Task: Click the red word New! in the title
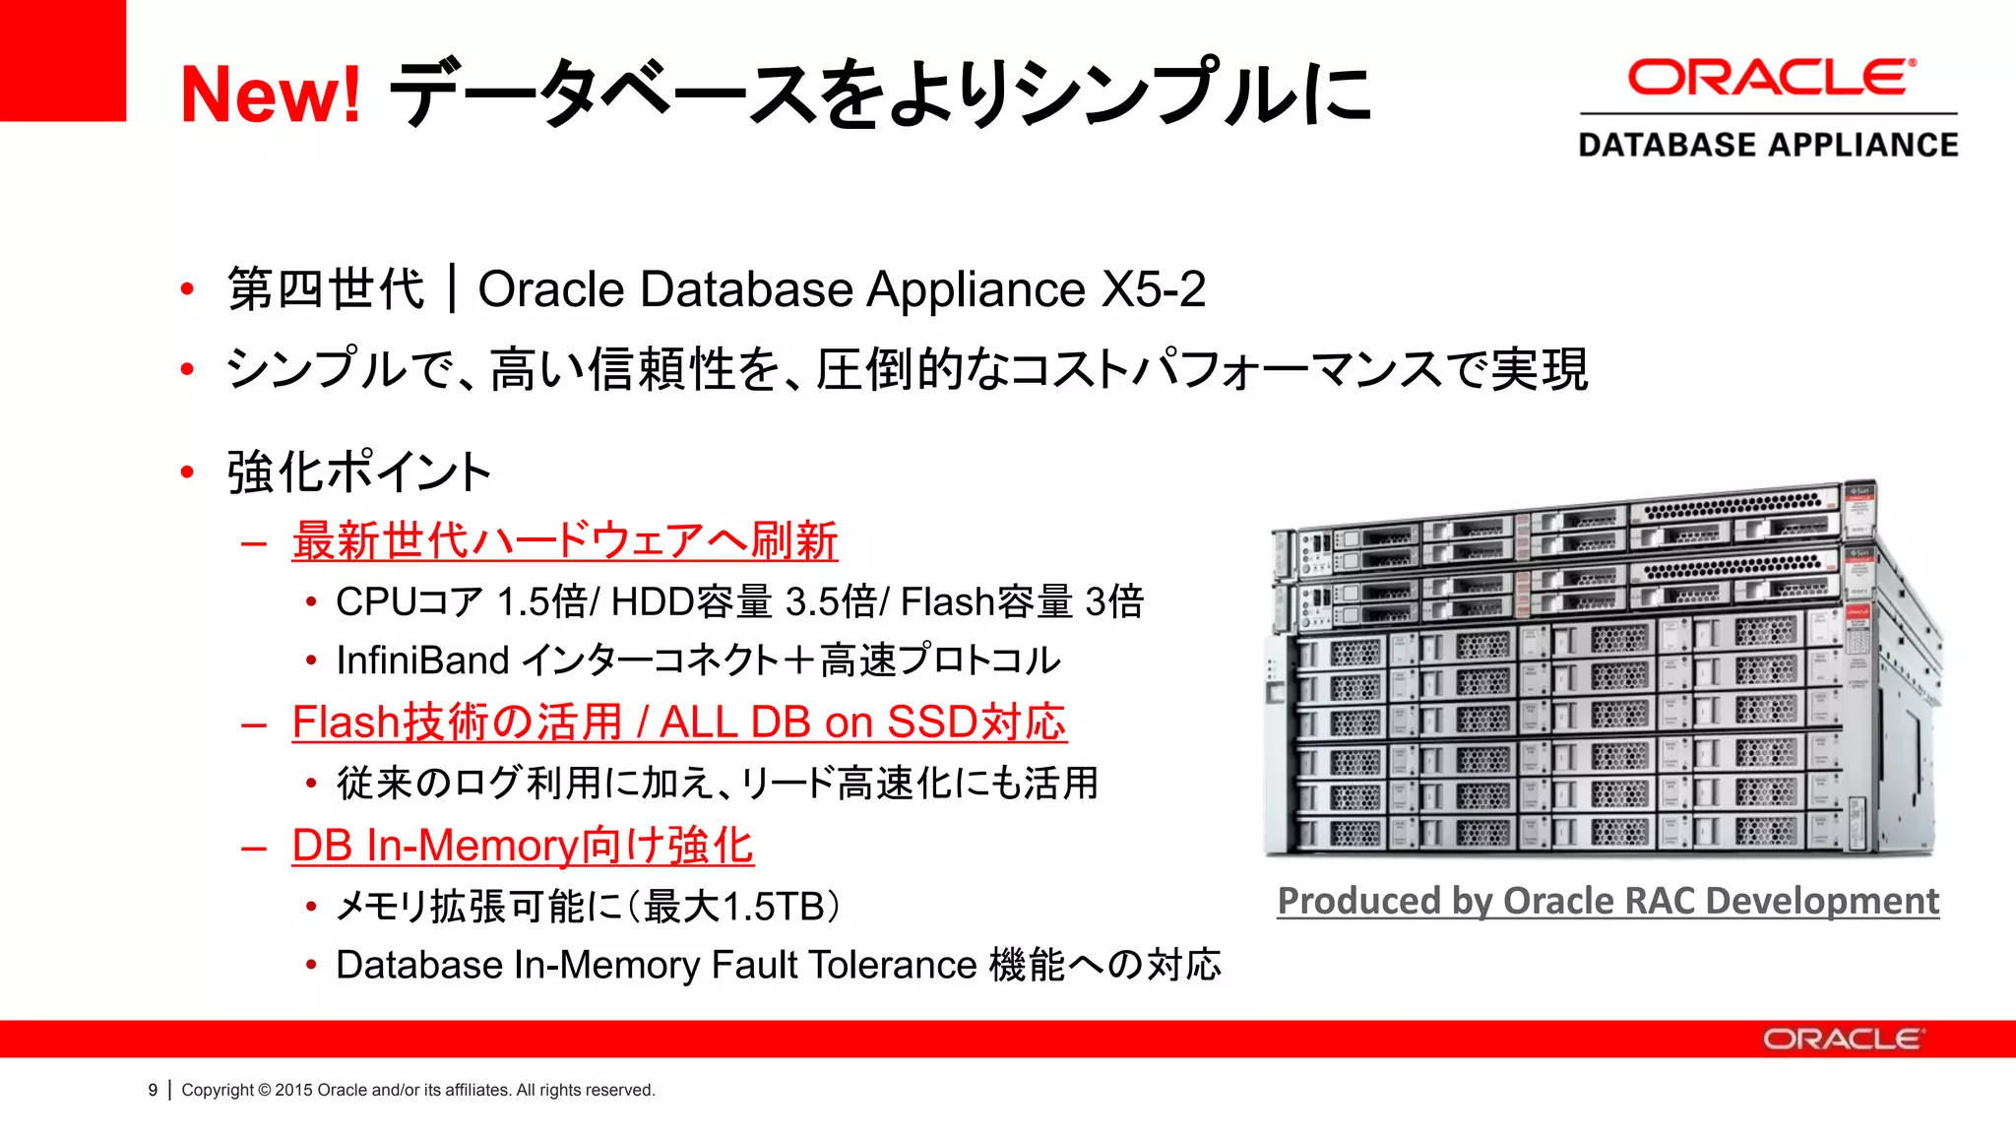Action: (271, 94)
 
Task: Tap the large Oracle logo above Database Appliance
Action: (1771, 78)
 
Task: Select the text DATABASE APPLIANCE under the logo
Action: (1768, 145)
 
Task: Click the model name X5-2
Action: (1154, 289)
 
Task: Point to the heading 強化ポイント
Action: (359, 472)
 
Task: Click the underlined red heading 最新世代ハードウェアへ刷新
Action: (564, 540)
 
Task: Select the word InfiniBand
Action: (422, 661)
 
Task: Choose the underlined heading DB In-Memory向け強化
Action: (523, 846)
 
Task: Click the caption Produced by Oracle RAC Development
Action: (1607, 901)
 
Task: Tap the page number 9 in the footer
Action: (153, 1090)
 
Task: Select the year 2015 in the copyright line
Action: (293, 1090)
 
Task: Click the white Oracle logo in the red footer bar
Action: (1842, 1039)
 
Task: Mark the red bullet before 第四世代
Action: (187, 289)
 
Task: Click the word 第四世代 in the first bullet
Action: (326, 289)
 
